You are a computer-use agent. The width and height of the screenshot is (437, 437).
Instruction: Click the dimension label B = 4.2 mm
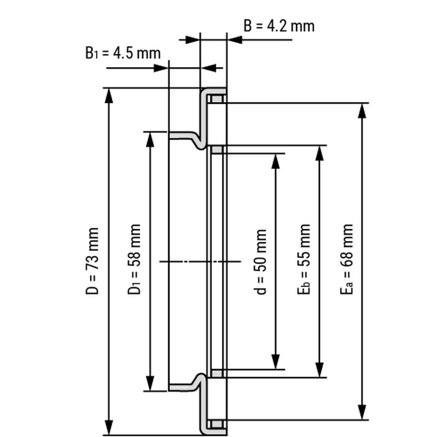coord(279,25)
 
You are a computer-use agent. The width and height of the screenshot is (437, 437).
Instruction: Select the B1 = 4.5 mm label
coord(123,52)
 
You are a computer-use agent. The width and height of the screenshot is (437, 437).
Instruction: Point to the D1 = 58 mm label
coord(134,259)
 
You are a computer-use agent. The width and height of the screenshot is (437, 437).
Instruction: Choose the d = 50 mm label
coord(261,262)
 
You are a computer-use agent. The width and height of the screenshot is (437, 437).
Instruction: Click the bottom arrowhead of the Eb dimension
coord(319,370)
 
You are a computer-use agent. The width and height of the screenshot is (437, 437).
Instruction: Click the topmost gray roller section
coord(217,100)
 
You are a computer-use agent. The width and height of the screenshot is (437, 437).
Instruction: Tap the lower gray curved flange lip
coord(187,386)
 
